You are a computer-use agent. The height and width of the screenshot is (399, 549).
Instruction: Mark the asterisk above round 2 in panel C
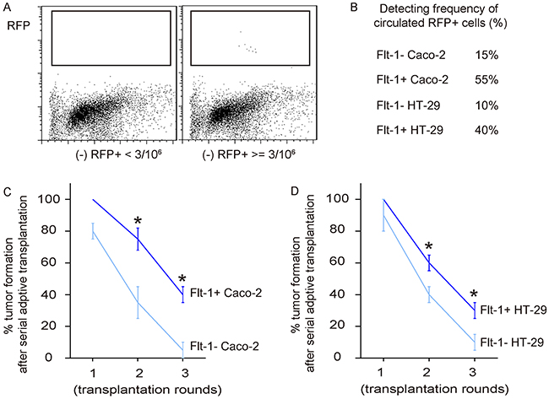(139, 222)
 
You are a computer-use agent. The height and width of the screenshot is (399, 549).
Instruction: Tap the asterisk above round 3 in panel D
(475, 294)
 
